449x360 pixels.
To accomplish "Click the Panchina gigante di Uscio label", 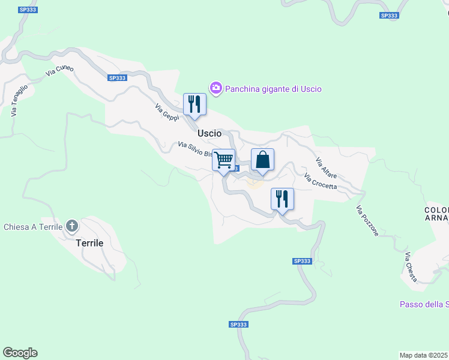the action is click(x=273, y=89).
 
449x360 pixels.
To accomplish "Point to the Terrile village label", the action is click(x=89, y=244).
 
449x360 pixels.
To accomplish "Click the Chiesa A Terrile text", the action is click(x=33, y=227).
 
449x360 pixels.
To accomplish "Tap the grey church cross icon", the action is click(x=72, y=226).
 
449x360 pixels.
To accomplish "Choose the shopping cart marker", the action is click(x=224, y=160).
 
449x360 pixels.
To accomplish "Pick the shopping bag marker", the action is click(x=262, y=160).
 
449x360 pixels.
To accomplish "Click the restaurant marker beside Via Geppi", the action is click(x=194, y=104).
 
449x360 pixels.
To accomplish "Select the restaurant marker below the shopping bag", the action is click(x=282, y=199).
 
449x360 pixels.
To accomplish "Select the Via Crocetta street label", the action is click(x=321, y=181).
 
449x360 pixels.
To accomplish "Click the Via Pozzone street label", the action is click(x=367, y=221).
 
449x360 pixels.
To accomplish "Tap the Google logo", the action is click(x=20, y=353).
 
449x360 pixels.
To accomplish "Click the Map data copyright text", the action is click(x=424, y=355).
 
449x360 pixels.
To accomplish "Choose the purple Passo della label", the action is click(x=424, y=304).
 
